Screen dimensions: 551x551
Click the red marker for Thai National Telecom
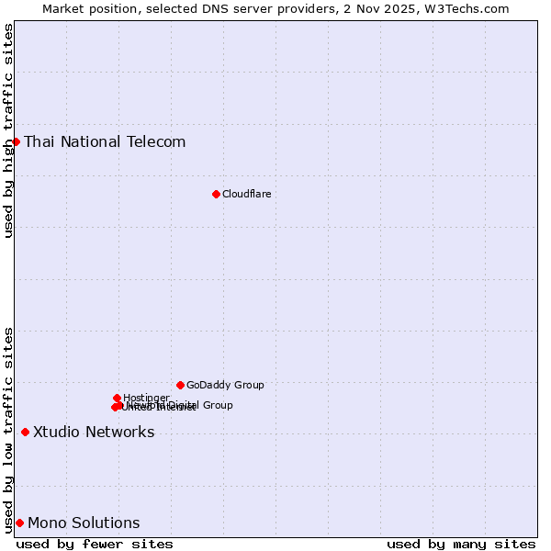coord(16,141)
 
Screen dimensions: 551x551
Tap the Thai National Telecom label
coord(105,141)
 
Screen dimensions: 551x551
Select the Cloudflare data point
coord(216,194)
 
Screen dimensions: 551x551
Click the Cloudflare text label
coord(246,194)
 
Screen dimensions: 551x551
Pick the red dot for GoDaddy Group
coord(180,385)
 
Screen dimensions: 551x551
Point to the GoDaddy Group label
coord(225,385)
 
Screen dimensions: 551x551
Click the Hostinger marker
coord(117,398)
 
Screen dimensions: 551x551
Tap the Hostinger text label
coord(146,398)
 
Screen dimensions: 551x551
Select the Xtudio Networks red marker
coord(25,432)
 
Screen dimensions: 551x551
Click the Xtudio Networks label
coord(94,432)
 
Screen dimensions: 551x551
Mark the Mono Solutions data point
coord(19,523)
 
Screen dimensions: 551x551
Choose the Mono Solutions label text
coord(84,523)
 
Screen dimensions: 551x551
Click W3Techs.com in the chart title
coord(472,8)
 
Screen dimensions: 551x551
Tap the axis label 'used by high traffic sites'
coord(8,130)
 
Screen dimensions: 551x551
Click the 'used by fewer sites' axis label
coord(95,544)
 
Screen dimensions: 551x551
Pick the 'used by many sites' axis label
coord(461,544)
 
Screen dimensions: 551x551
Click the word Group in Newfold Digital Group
coord(217,405)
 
